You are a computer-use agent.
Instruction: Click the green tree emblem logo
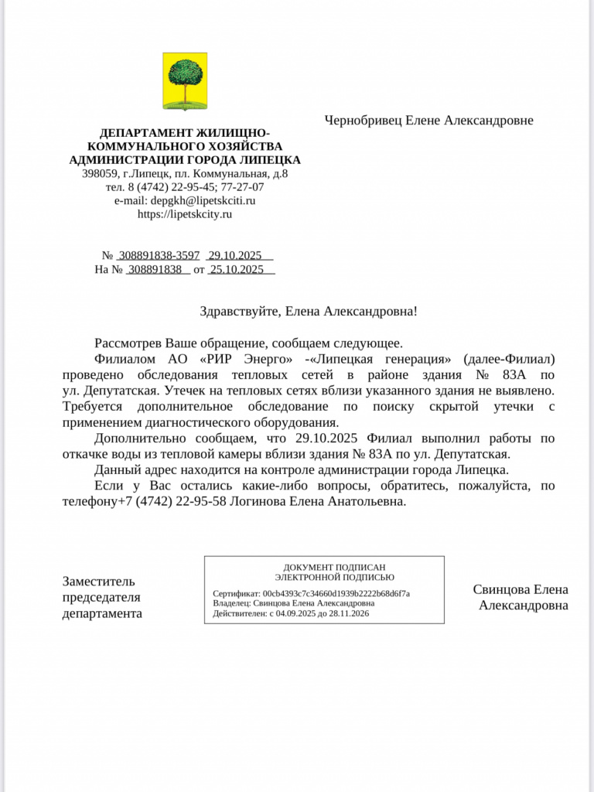click(185, 80)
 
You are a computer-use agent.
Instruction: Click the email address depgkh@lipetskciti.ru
click(203, 200)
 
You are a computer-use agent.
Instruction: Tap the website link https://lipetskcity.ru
click(185, 214)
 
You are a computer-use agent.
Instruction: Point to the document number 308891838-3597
click(159, 255)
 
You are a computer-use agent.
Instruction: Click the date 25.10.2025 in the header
click(237, 269)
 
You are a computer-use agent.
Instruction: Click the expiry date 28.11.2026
click(350, 613)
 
